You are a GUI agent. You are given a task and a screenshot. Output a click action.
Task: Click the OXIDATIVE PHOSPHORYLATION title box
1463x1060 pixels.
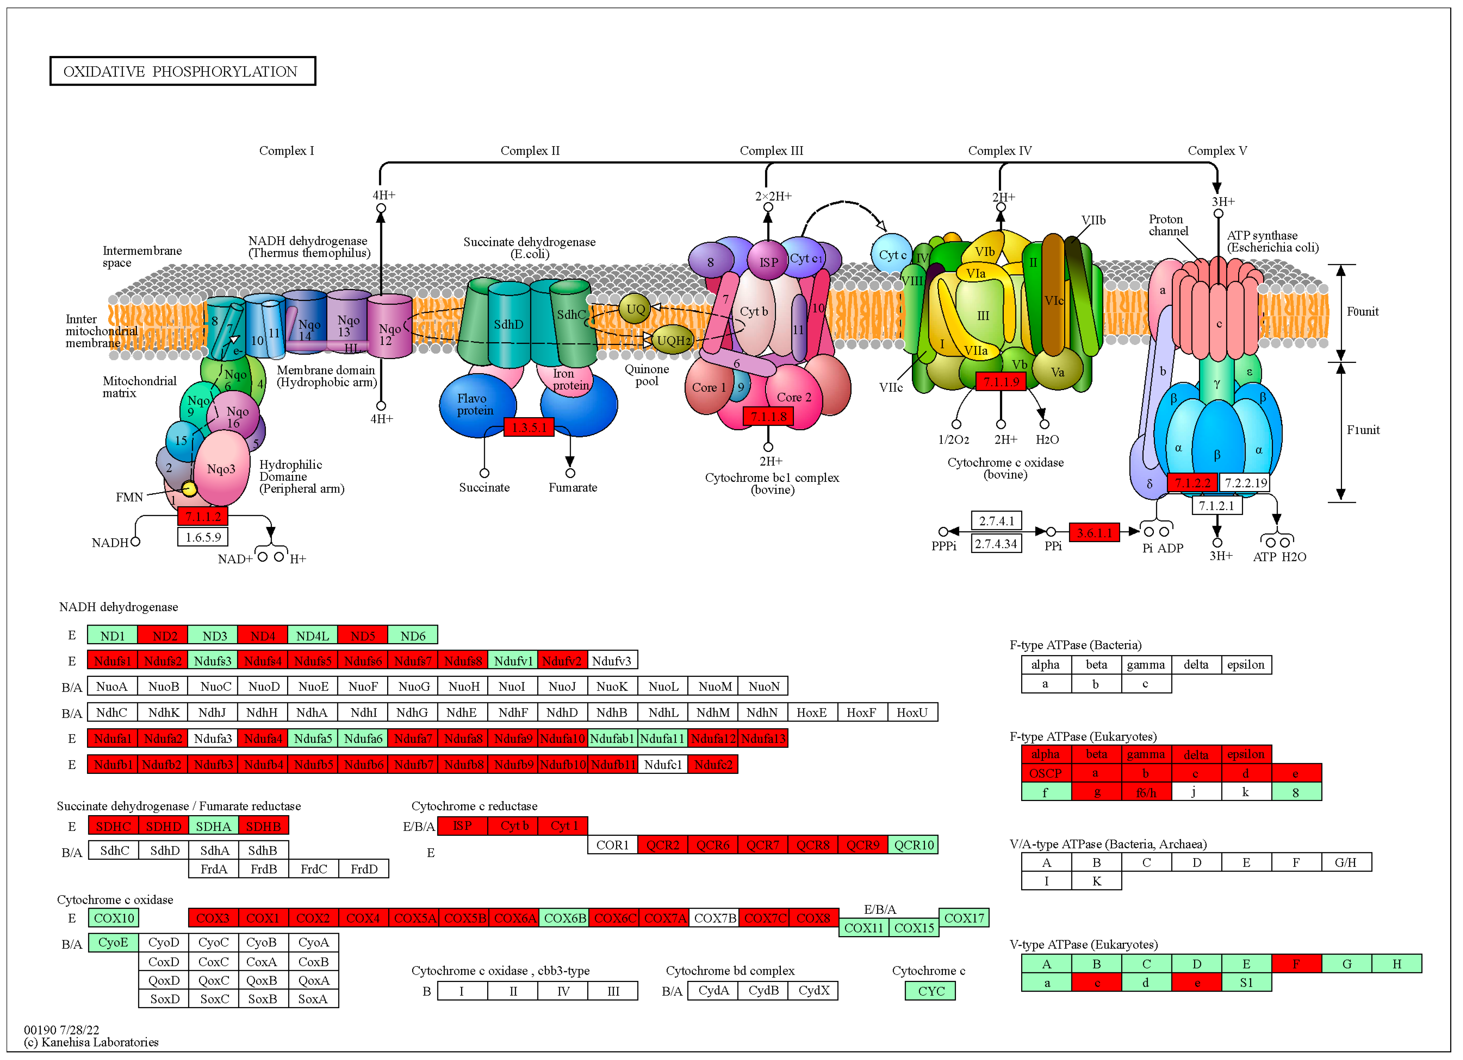click(183, 71)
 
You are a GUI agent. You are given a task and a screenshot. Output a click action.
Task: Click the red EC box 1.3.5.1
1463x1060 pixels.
click(528, 427)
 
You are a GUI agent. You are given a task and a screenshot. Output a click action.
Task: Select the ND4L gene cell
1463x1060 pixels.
click(312, 636)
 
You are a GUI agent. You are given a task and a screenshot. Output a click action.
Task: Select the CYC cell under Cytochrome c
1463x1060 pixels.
click(930, 991)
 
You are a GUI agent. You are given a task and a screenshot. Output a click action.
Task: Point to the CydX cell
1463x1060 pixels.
click(814, 990)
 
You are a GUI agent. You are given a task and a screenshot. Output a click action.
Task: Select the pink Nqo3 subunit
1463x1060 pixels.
click(221, 468)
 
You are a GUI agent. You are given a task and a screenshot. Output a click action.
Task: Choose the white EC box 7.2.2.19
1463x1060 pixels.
click(1245, 483)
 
